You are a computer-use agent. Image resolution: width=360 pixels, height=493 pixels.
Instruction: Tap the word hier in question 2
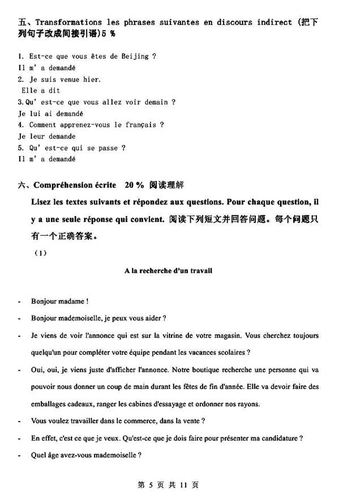(x=92, y=79)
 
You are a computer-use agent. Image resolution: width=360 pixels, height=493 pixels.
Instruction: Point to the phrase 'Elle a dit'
(x=41, y=91)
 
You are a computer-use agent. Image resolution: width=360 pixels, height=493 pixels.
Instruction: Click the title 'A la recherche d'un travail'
(x=168, y=271)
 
